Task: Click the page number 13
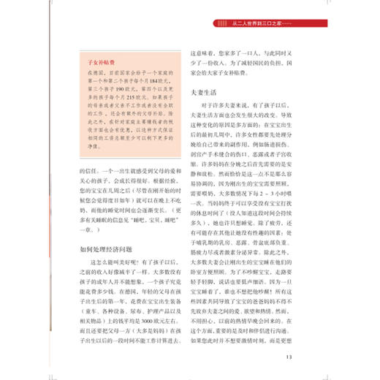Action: pyautogui.click(x=289, y=357)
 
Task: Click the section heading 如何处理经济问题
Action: pyautogui.click(x=108, y=248)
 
